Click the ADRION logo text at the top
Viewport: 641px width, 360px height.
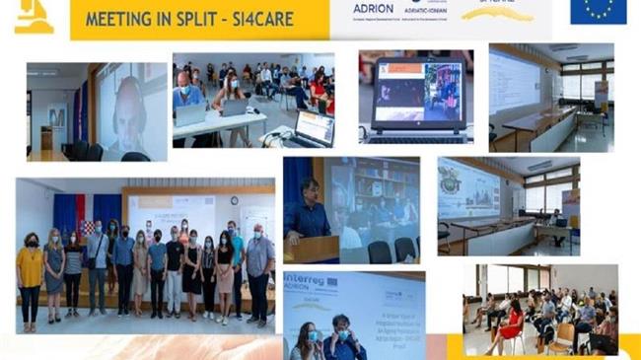pos(374,7)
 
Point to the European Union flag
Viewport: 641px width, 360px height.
pos(597,11)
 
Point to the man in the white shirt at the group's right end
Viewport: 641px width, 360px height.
pos(259,266)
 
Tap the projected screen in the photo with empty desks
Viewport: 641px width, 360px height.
pos(467,188)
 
